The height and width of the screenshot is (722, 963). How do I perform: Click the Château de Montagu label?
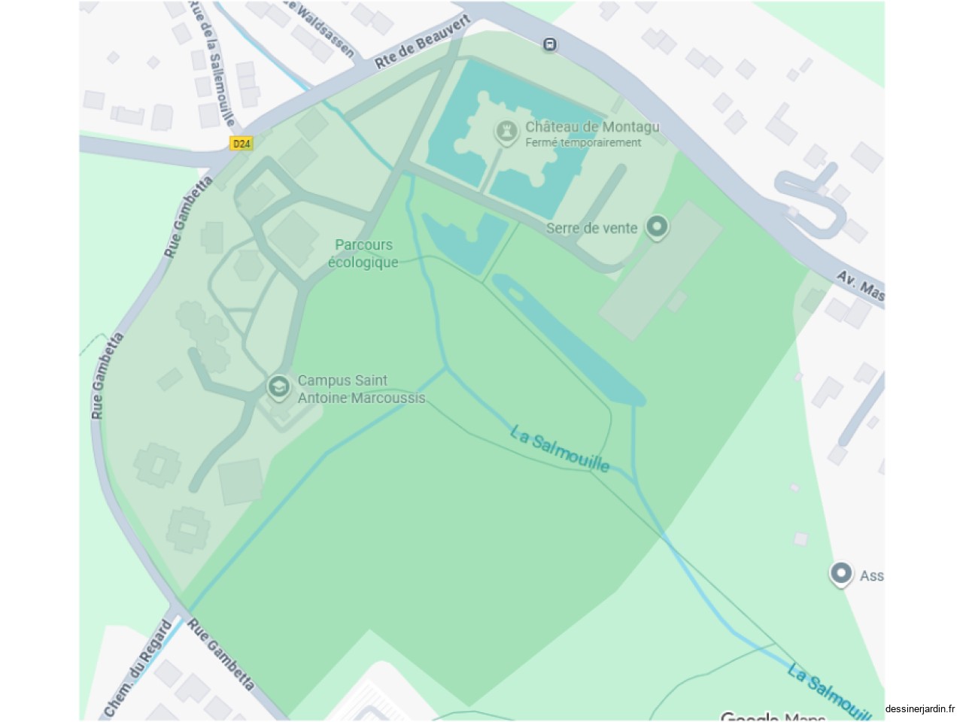coord(592,127)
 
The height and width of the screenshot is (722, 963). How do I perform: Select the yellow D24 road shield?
coord(241,143)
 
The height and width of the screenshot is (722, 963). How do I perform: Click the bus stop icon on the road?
coord(550,45)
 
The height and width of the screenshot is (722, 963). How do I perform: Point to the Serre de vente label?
coord(591,228)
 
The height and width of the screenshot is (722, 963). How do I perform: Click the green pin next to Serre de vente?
coord(658,226)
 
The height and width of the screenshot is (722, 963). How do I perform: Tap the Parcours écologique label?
coord(363,253)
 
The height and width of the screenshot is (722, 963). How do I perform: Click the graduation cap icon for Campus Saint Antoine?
coord(279,387)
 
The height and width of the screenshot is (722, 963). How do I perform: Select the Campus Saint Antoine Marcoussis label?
coord(361,390)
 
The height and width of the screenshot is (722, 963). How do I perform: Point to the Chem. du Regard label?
coord(138,669)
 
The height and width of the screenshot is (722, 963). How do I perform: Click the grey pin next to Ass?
coord(841,574)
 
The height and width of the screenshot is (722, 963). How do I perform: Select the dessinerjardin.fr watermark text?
coord(919,708)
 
